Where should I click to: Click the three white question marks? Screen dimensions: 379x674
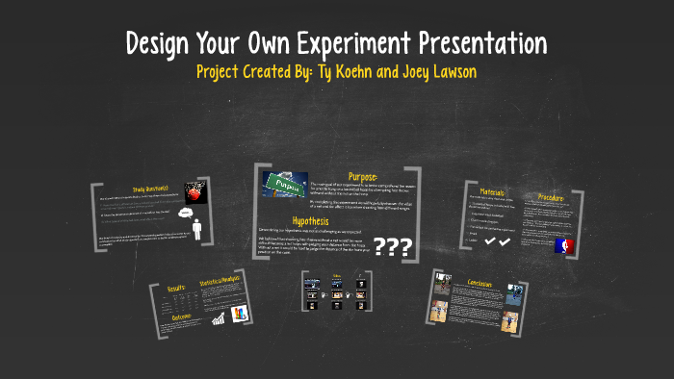[x=392, y=248]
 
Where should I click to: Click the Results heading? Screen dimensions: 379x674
[x=176, y=287]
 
